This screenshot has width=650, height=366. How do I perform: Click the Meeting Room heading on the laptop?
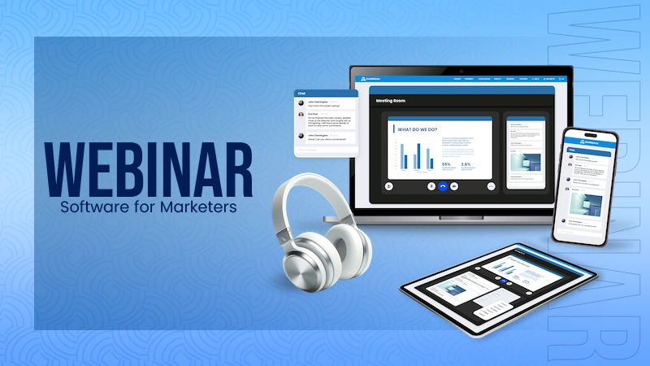391,101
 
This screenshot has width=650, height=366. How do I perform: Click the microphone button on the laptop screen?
431,185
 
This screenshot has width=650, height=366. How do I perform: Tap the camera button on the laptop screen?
455,185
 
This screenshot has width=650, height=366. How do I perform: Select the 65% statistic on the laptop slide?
447,164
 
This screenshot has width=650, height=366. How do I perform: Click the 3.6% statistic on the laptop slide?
466,164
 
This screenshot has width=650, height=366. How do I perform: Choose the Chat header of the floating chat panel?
302,94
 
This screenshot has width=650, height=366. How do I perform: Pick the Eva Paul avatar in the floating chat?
301,115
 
